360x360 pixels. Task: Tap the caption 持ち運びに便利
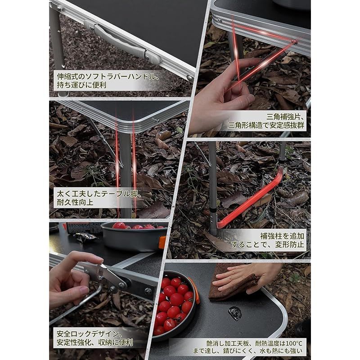point(81,85)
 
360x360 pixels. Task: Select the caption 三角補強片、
point(285,117)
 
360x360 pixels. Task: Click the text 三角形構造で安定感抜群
point(266,126)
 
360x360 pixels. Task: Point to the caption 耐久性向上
point(75,202)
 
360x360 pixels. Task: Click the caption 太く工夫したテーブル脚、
point(99,194)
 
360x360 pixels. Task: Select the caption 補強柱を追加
point(282,236)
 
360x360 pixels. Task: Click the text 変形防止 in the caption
point(289,244)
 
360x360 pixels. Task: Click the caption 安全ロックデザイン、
point(88,334)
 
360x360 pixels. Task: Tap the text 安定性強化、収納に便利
point(94,342)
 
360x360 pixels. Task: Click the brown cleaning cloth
point(232,285)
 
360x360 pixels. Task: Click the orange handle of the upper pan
point(162,242)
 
